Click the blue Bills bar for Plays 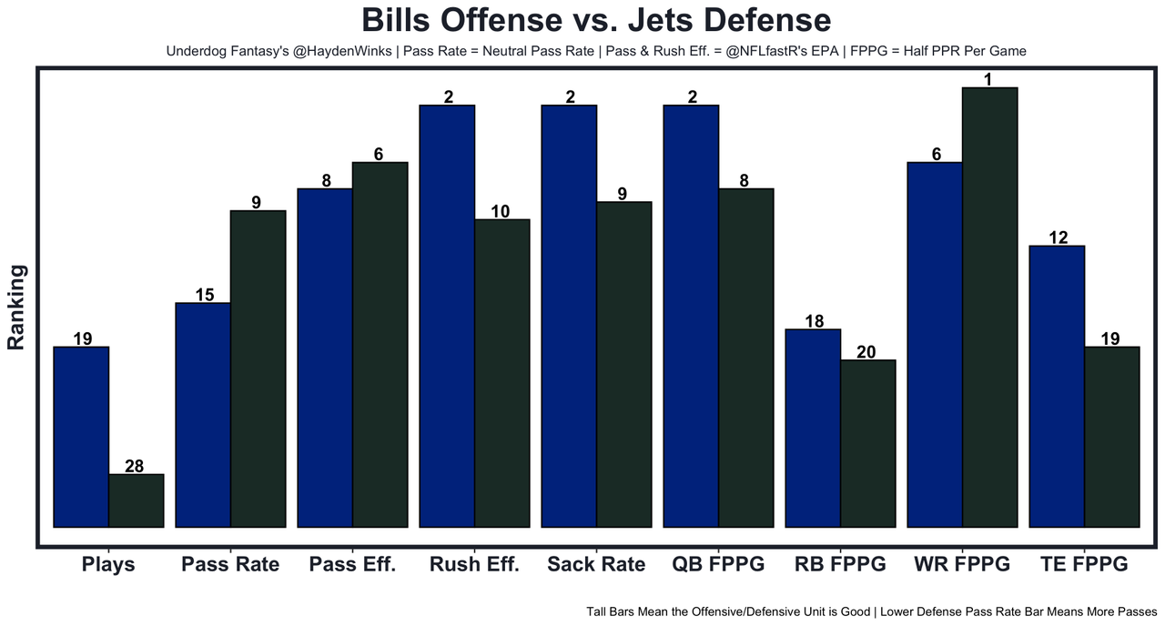[81, 438]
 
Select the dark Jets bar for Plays [137, 500]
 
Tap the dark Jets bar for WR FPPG [989, 308]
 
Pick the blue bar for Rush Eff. [447, 316]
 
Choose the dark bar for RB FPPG [868, 443]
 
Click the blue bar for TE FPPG [1057, 387]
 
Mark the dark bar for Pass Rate [258, 369]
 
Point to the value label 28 [134, 467]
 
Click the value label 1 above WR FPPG [988, 79]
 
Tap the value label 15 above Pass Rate [205, 295]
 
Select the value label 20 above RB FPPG [866, 352]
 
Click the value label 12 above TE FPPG [1059, 237]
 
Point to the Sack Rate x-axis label [596, 564]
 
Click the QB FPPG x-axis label [718, 564]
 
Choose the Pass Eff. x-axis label [352, 564]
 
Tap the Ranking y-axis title [16, 308]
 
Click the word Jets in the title [660, 20]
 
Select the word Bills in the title [396, 20]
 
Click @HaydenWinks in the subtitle [342, 51]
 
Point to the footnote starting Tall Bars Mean [872, 612]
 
